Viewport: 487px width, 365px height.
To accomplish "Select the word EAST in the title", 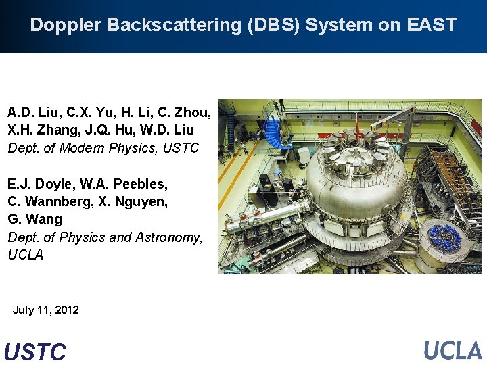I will [x=431, y=26].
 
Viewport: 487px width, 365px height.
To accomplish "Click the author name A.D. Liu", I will [x=30, y=112].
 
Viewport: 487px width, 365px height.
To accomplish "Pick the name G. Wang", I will [x=34, y=220].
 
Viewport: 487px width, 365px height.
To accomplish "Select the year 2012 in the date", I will [x=66, y=310].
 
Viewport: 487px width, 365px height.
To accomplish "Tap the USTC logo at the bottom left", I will [x=35, y=351].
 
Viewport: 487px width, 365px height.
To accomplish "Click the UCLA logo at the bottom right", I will [x=452, y=349].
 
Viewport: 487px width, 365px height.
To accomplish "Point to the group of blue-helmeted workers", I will [x=446, y=237].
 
